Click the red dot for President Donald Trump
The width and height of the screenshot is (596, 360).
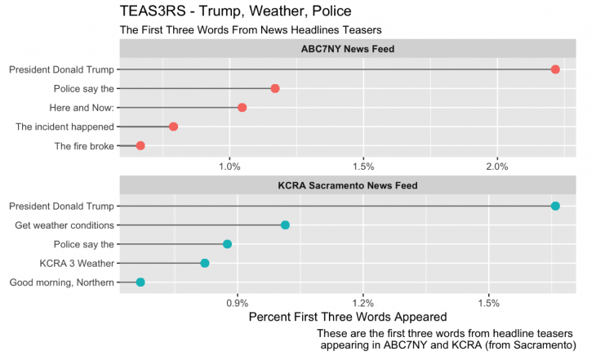[555, 69]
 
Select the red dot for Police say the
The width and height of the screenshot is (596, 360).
[275, 88]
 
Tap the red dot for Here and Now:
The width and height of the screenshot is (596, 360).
[242, 108]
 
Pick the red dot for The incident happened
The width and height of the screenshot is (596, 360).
[173, 127]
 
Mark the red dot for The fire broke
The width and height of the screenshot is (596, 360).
[140, 145]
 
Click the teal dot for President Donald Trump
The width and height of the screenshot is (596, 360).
[555, 206]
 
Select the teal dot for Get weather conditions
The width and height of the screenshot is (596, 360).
[285, 224]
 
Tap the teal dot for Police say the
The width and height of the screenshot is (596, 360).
[227, 244]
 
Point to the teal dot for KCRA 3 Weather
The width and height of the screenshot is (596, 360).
[205, 263]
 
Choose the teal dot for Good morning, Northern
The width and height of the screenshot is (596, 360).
[140, 282]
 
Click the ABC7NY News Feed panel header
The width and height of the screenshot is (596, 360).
[348, 49]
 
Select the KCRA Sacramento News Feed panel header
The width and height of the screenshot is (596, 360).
[348, 185]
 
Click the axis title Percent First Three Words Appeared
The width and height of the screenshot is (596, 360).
[347, 317]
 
